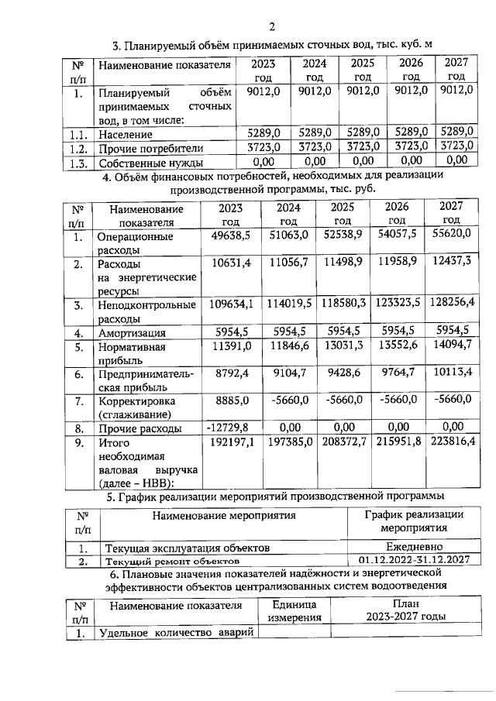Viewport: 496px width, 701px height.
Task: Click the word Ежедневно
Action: coord(413,545)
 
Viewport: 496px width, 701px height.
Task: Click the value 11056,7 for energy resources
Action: coord(288,264)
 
